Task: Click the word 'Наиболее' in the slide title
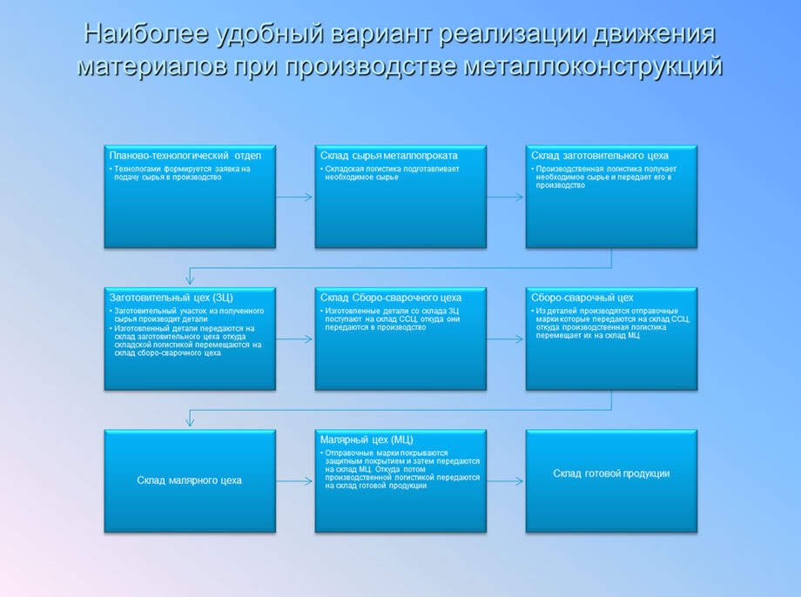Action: tap(146, 35)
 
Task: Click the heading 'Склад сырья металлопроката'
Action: tap(388, 155)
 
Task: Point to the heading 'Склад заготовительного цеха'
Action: tap(600, 155)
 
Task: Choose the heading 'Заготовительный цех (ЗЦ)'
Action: tap(171, 297)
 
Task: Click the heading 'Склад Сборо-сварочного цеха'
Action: tap(391, 297)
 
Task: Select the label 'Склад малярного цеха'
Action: tap(189, 480)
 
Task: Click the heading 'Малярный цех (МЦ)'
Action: tap(367, 439)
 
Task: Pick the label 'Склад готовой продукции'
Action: tap(611, 473)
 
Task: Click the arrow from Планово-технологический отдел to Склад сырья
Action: tap(294, 197)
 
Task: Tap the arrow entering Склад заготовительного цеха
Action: tap(506, 197)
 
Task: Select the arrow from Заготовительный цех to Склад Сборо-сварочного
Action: tap(294, 339)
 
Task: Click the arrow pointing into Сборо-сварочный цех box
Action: tap(506, 339)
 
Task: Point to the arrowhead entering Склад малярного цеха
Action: tap(190, 424)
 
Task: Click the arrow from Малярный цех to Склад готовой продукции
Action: tap(506, 480)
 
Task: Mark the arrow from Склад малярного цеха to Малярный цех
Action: tap(294, 480)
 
